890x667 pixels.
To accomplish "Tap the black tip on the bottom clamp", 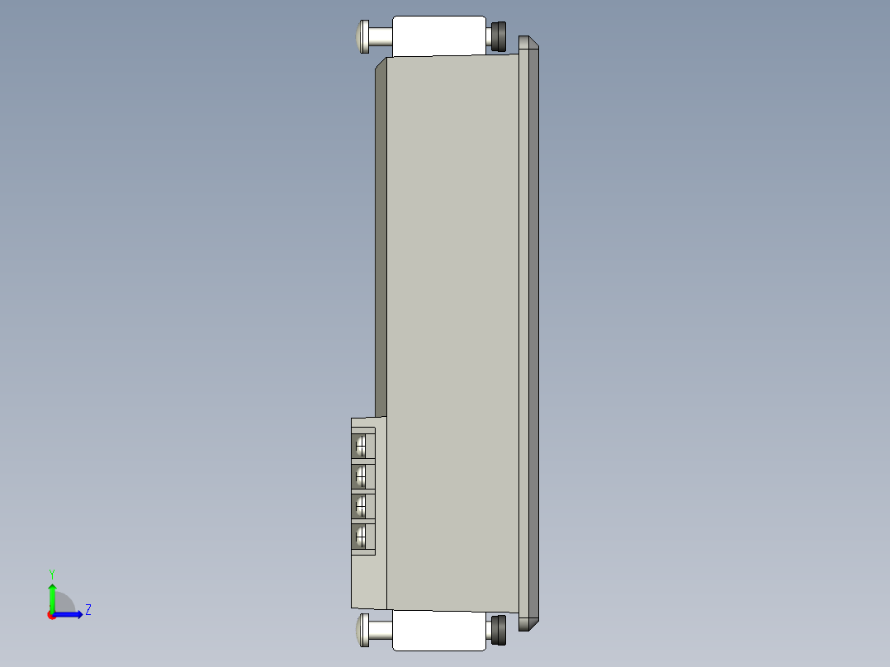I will pos(499,630).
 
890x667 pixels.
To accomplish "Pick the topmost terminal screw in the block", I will pos(362,447).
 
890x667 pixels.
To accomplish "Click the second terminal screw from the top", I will pos(362,476).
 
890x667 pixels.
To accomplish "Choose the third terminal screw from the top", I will pos(362,506).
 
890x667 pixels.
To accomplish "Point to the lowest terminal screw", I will pos(362,537).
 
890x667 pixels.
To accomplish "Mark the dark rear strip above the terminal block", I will pos(381,248).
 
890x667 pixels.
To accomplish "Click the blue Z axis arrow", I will pos(71,614).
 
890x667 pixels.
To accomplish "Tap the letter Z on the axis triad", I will pos(88,611).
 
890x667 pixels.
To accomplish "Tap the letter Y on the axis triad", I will pos(52,574).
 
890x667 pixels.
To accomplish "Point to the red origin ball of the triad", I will pos(52,615).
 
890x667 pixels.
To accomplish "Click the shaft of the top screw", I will pos(381,37).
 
